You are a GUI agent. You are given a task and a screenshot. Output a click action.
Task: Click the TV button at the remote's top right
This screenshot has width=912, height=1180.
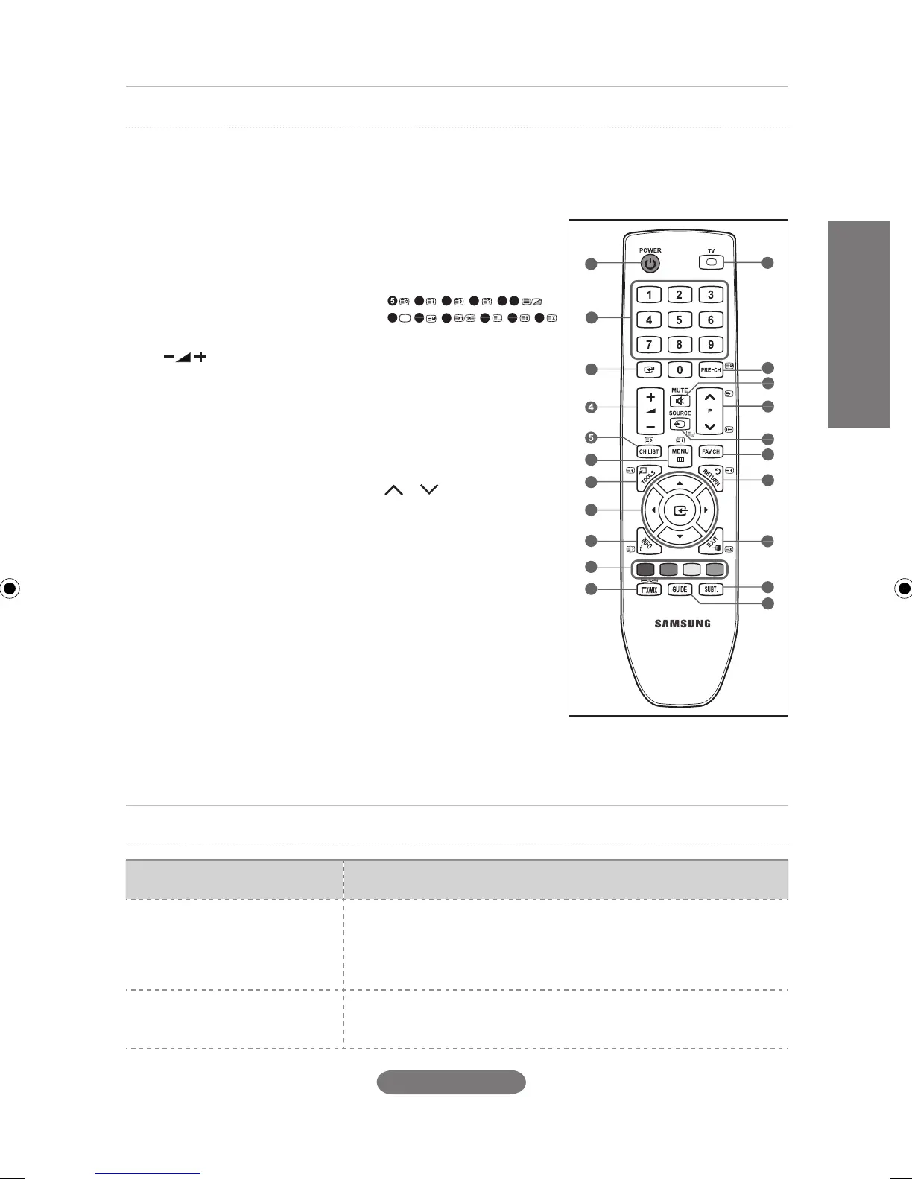click(x=711, y=261)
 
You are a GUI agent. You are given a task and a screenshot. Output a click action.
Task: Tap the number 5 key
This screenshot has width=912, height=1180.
click(x=680, y=320)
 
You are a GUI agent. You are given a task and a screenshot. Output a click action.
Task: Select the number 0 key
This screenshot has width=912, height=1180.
click(x=680, y=369)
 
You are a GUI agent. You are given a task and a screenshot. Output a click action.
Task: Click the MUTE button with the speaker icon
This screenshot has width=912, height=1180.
click(x=680, y=401)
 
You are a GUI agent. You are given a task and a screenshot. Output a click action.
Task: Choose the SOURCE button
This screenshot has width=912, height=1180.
click(x=680, y=423)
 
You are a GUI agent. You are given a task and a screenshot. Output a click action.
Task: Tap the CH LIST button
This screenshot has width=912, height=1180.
click(x=649, y=451)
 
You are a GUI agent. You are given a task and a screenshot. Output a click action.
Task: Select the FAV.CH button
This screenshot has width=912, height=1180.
click(x=711, y=451)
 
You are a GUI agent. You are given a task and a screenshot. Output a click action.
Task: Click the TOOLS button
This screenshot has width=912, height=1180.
click(x=648, y=478)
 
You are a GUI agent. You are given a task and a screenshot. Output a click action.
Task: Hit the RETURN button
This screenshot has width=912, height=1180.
click(x=711, y=478)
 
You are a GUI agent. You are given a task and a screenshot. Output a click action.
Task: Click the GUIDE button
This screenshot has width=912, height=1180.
click(x=680, y=589)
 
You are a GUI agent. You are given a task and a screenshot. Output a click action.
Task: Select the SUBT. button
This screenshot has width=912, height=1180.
click(x=711, y=589)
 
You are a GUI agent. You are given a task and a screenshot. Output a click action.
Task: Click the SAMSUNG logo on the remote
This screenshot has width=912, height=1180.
click(x=682, y=624)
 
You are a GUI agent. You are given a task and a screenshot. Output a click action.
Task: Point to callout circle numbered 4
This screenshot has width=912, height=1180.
click(x=591, y=407)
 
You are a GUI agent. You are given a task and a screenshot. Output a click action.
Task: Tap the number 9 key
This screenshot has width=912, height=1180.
click(x=711, y=345)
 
